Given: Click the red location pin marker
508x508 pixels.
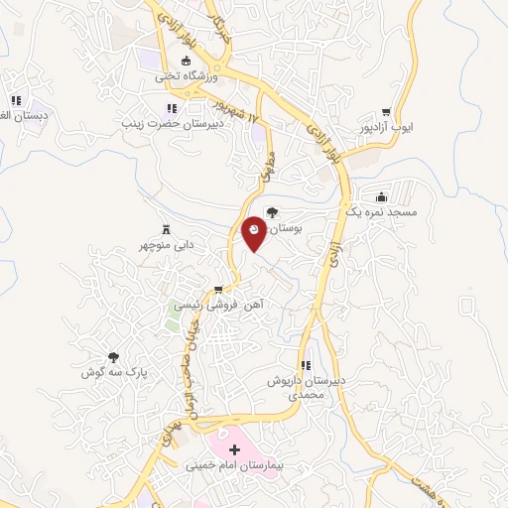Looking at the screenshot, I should point(254,232).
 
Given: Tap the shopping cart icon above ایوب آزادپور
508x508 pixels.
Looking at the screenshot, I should point(386,112).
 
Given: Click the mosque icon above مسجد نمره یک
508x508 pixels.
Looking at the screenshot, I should point(381,196).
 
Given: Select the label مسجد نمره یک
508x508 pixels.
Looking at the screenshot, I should point(381,212).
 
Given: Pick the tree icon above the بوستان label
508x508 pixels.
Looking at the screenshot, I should point(273,211).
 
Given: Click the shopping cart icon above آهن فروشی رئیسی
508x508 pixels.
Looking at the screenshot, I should point(218,291).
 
